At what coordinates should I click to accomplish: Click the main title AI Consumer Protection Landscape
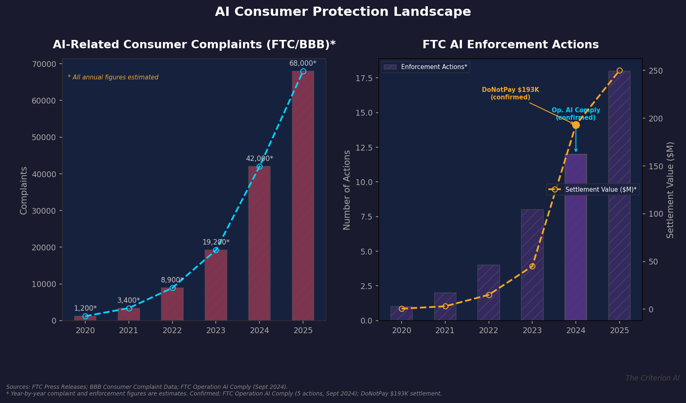point(343,12)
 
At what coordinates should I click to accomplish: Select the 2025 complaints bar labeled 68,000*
point(303,195)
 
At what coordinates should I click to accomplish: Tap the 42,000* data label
point(259,158)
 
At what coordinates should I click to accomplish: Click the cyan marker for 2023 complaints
point(216,250)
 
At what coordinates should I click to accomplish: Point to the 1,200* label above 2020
point(85,308)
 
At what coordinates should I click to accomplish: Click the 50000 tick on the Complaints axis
point(44,137)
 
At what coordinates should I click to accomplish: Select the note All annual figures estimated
point(113,77)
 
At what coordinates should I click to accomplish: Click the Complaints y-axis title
point(24,190)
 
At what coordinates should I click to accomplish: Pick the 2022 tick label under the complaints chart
point(172,330)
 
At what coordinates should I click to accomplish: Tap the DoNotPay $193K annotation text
point(510,93)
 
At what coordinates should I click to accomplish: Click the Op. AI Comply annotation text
point(575,114)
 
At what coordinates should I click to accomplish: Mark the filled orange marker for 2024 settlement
point(575,125)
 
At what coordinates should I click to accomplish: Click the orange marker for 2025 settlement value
point(619,70)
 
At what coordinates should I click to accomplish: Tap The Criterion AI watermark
point(652,378)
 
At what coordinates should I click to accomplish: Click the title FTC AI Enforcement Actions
point(510,45)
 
